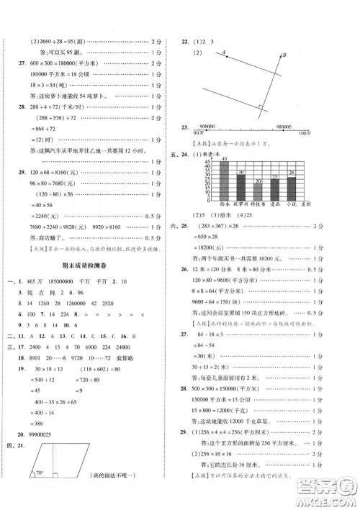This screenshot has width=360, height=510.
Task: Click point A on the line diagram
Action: (224, 51)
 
